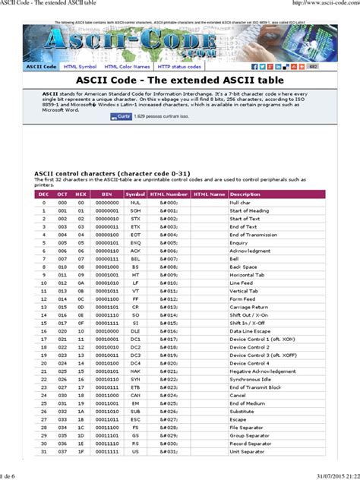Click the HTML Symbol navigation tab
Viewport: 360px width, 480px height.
[x=81, y=67]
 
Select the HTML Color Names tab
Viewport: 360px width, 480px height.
[x=126, y=67]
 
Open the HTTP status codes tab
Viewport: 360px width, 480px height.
[x=178, y=67]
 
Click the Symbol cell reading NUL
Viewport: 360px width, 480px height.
[x=136, y=202]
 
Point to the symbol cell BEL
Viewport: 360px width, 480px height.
[x=136, y=259]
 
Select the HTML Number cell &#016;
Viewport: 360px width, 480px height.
[x=169, y=330]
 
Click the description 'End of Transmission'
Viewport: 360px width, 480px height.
[x=254, y=235]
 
